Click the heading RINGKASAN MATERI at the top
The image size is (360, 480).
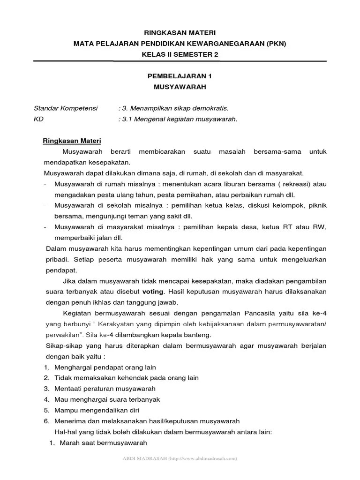coord(180,33)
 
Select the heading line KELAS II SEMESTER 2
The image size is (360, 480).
coord(180,54)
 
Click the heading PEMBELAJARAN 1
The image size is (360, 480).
coord(180,76)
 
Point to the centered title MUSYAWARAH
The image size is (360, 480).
coord(180,87)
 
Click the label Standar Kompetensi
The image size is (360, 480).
coord(66,108)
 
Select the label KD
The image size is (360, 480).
coord(38,119)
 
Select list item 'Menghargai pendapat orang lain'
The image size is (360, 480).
coord(105,367)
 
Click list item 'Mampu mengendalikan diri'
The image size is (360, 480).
coord(93,410)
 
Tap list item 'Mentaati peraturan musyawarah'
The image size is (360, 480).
coord(105,389)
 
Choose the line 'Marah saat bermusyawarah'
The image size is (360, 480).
coord(103,442)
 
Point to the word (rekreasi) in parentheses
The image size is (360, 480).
coord(290,184)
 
